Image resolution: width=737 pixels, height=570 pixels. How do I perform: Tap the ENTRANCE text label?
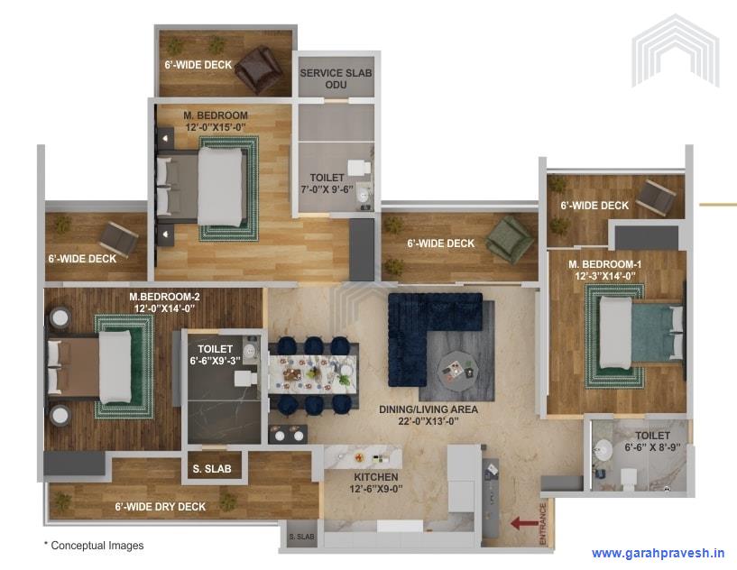542,522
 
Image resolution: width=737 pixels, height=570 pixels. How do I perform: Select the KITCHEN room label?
376,483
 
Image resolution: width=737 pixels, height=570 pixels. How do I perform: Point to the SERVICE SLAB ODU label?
336,78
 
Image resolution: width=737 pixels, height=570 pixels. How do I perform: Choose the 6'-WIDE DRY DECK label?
160,507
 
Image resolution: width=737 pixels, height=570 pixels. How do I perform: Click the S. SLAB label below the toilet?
212,469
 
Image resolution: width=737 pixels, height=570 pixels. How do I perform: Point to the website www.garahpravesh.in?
658,553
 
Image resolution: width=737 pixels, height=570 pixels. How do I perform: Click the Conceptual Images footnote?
94,546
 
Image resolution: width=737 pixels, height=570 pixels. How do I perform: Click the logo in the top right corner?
675,50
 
